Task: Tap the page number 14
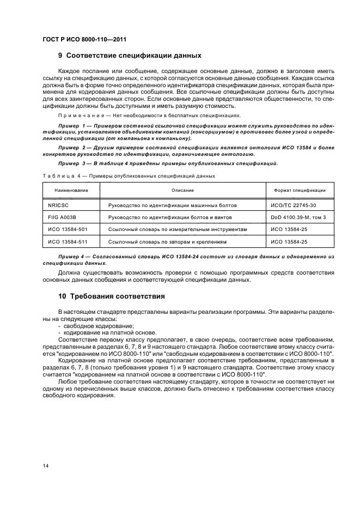pos(46,465)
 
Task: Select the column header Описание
pos(182,190)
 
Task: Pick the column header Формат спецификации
pos(300,190)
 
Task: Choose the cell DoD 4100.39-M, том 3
pos(298,217)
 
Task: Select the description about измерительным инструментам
pos(178,229)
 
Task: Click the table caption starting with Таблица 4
pos(129,176)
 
